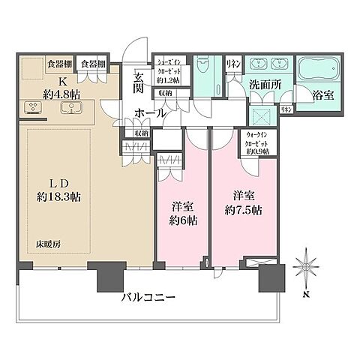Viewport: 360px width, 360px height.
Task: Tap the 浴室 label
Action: click(322, 95)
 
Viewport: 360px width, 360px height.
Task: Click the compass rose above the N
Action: click(307, 265)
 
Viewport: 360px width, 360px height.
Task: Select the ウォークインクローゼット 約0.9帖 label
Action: click(255, 142)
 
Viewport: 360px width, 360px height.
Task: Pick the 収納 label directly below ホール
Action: click(141, 132)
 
